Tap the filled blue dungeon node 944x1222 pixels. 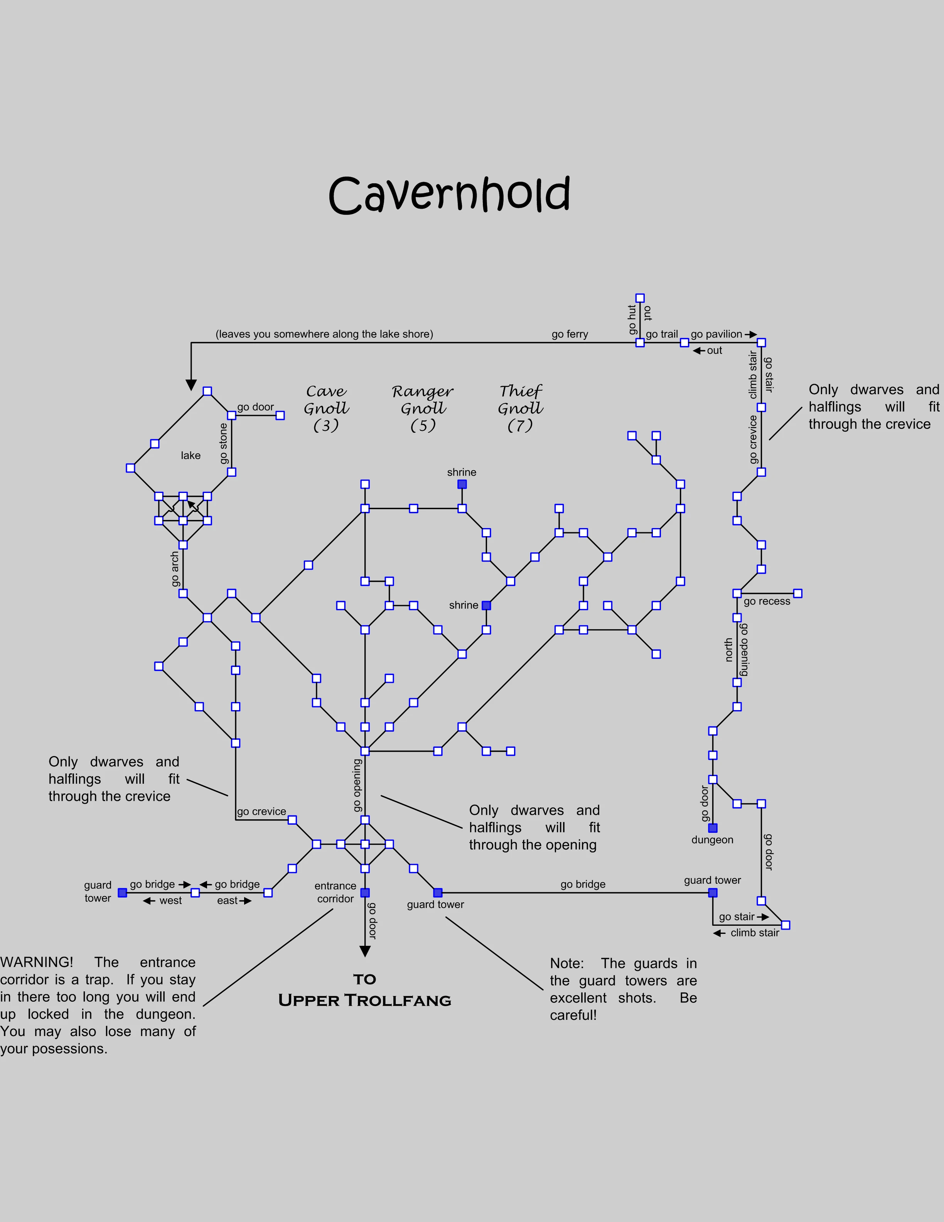click(x=713, y=827)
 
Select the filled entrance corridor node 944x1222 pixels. click(x=365, y=893)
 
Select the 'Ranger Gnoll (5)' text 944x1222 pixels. click(x=423, y=408)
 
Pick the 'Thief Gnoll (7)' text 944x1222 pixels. click(x=520, y=408)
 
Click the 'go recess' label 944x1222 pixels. click(x=767, y=601)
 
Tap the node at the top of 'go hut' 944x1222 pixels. click(x=640, y=298)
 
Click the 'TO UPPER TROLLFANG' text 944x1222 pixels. click(x=365, y=990)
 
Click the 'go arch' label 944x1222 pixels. click(x=175, y=569)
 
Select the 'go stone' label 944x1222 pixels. click(x=224, y=443)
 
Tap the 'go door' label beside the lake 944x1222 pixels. click(x=256, y=407)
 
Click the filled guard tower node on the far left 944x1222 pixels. click(x=123, y=893)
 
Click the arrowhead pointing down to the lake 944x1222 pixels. click(x=191, y=385)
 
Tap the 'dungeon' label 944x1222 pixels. click(x=712, y=840)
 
